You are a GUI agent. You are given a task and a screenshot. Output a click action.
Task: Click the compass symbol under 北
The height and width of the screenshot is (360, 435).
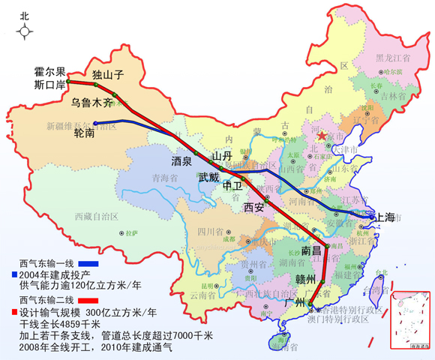coord(25,31)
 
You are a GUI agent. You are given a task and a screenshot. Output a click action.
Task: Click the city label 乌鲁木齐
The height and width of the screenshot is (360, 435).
coord(93,101)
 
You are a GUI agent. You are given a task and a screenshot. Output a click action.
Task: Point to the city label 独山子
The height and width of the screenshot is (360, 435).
coord(106,75)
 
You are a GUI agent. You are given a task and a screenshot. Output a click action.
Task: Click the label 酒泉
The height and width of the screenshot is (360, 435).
coord(182,160)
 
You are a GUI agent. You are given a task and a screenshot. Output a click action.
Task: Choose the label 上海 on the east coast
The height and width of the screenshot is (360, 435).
coord(384,217)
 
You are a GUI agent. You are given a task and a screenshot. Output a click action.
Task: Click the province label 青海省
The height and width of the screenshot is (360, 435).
coord(164,178)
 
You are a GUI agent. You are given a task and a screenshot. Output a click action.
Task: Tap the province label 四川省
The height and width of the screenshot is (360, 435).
coord(211,232)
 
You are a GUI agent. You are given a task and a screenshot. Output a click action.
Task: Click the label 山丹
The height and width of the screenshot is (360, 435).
coord(221,155)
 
